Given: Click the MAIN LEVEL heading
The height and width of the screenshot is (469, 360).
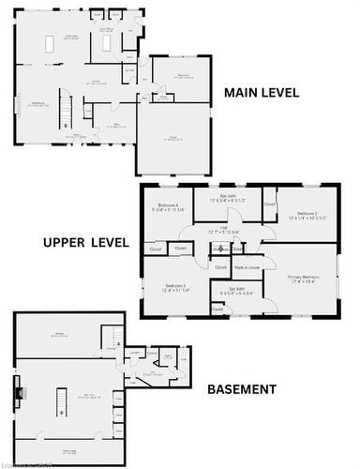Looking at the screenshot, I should point(261,93).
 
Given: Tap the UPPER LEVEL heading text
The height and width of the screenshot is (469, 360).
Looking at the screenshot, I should point(85,242).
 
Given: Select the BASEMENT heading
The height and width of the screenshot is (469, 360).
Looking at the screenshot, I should point(241,389).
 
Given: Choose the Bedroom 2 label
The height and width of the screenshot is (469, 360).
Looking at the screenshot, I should point(308,214).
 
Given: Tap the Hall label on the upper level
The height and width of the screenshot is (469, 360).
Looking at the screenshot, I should point(224,227).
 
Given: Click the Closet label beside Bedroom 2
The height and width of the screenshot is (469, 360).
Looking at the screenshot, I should point(269,204).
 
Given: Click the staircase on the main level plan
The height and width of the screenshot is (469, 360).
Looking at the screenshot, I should point(66,113).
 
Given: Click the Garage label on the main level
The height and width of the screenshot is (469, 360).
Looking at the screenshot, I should point(173,138).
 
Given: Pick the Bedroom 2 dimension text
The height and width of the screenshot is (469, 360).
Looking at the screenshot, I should point(308,219).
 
